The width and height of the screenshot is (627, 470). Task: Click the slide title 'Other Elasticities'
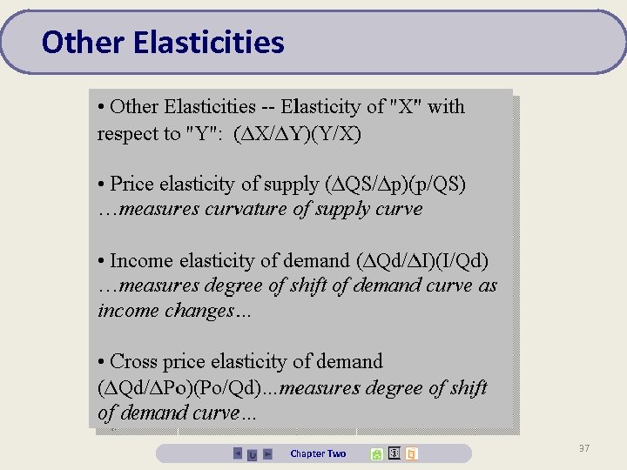(163, 42)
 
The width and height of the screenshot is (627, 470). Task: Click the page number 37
(583, 447)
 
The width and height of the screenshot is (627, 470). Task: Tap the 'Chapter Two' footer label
(318, 453)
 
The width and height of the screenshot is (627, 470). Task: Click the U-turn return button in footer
(253, 454)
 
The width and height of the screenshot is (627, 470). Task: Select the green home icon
(376, 453)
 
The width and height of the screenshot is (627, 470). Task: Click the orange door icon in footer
(412, 453)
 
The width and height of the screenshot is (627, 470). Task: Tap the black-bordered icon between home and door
(394, 453)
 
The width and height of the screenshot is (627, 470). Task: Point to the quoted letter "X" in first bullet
(404, 107)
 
